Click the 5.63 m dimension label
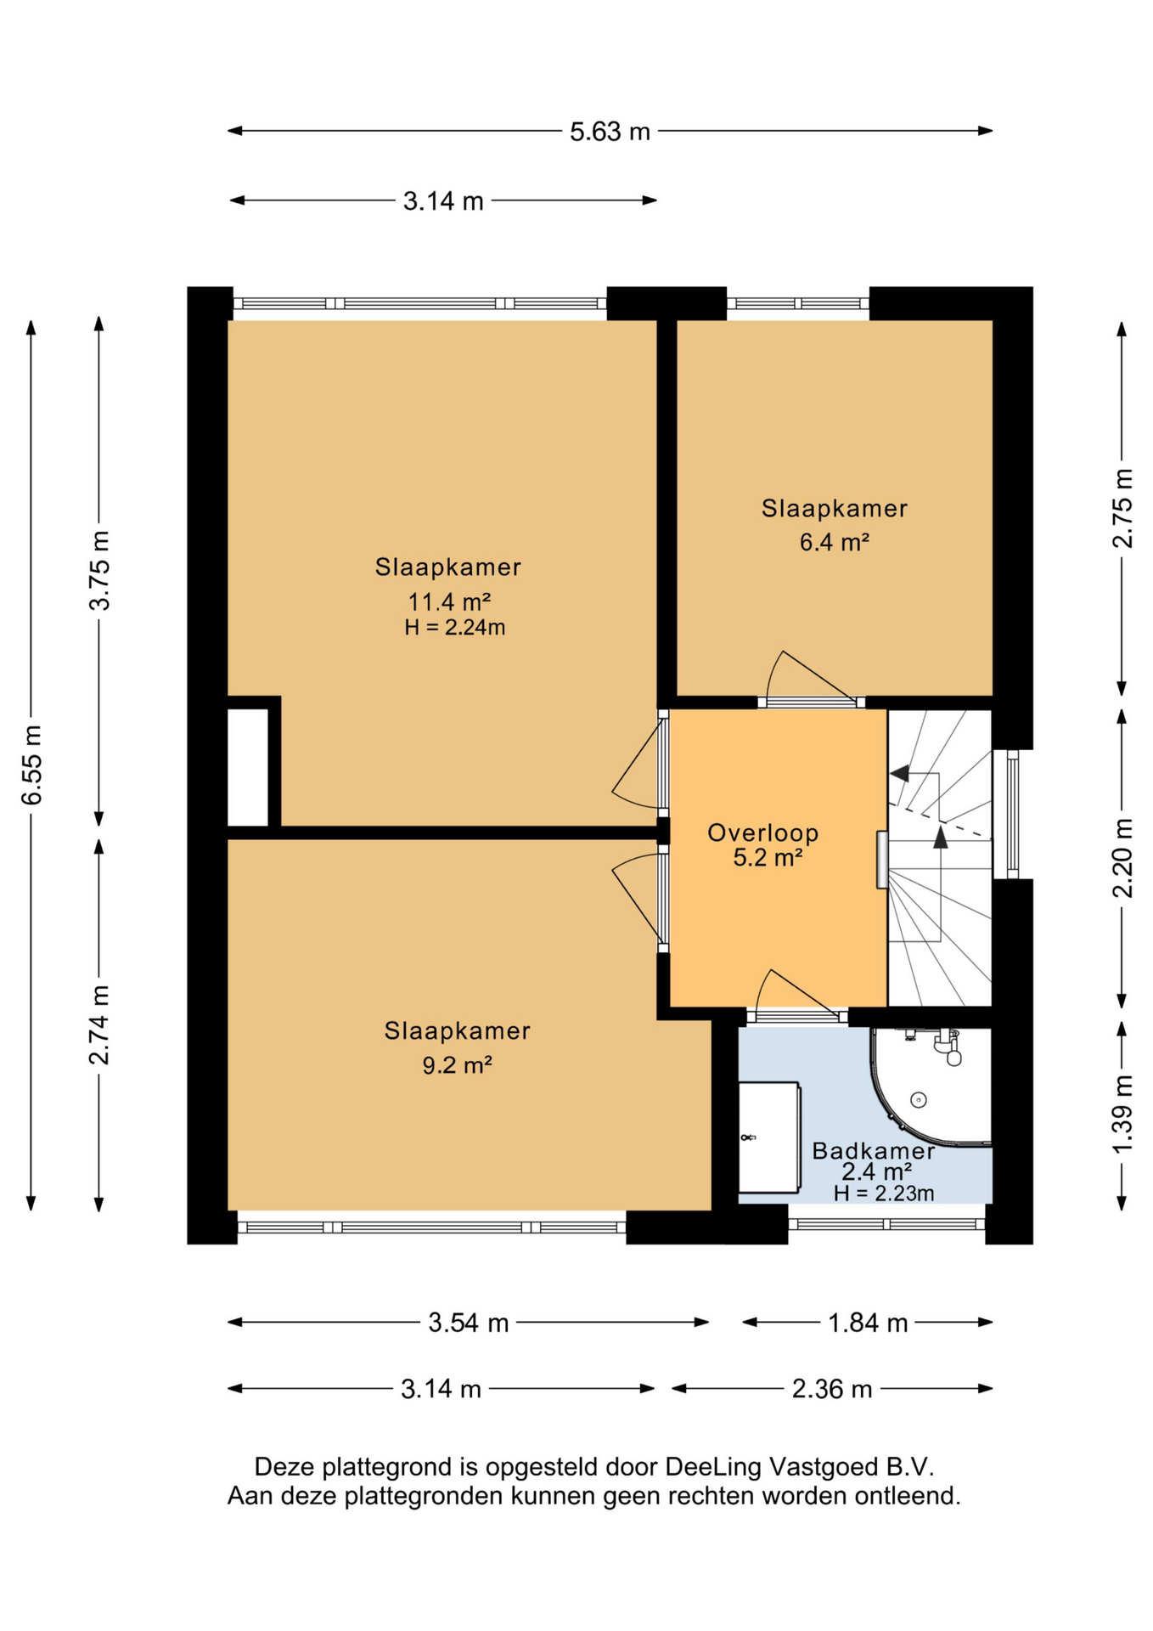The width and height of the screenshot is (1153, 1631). click(610, 132)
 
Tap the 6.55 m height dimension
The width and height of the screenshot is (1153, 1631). click(32, 765)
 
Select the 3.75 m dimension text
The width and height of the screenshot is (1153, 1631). click(100, 570)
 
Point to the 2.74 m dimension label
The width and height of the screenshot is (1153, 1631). click(100, 1024)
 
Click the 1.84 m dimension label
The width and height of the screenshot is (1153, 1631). click(868, 1323)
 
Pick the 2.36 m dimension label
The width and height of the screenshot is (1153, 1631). click(832, 1389)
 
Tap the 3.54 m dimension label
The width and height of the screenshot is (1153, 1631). click(468, 1323)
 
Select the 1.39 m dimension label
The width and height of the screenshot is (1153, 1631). click(1123, 1114)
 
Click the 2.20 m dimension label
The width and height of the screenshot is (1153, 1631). click(1123, 857)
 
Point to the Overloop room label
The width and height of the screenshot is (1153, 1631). click(762, 832)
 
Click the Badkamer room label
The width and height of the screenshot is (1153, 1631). click(873, 1151)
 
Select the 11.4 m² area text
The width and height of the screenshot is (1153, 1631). click(449, 602)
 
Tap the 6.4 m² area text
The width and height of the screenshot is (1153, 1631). click(834, 542)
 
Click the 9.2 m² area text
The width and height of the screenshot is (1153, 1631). click(458, 1064)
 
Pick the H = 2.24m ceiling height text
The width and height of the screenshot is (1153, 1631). click(455, 628)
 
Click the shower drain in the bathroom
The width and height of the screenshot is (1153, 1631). click(918, 1099)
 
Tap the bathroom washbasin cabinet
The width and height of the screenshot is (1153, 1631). click(769, 1137)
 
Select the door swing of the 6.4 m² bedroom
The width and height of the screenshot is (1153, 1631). click(807, 675)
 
